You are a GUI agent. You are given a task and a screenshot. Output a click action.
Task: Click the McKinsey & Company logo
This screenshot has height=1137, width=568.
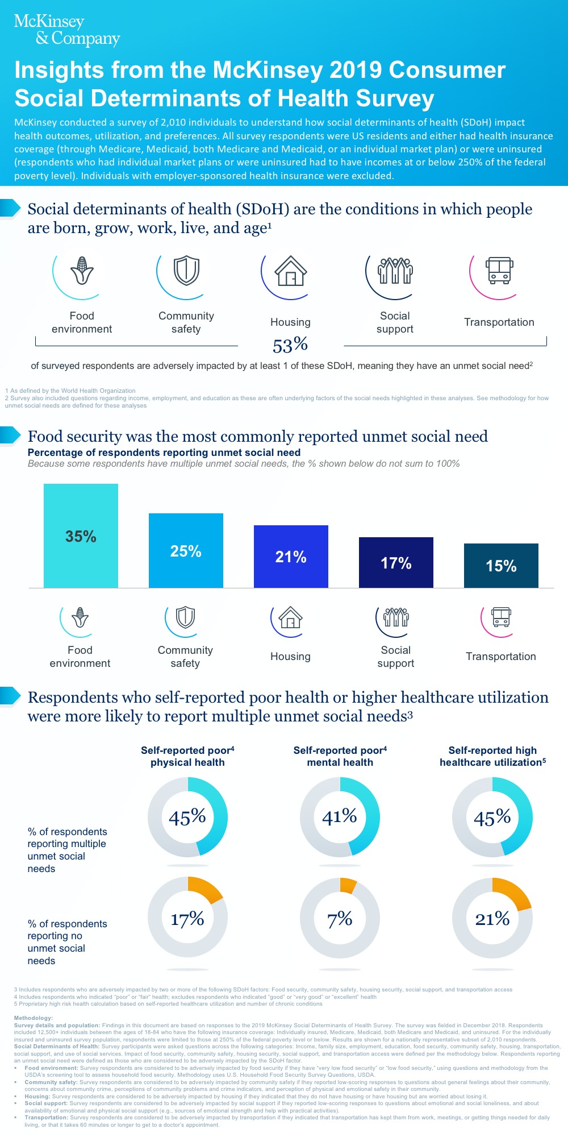(x=66, y=30)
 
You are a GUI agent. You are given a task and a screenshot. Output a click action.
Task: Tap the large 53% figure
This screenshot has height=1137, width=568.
(x=290, y=345)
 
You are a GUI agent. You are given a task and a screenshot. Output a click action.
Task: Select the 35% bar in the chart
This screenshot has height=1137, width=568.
(x=81, y=536)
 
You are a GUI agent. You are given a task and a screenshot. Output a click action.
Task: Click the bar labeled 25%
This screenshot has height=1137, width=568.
(x=186, y=550)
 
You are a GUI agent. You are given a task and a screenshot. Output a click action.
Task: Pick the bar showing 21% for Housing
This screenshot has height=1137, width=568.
(x=291, y=557)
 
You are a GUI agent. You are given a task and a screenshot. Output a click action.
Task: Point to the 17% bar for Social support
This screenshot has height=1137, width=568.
(x=396, y=563)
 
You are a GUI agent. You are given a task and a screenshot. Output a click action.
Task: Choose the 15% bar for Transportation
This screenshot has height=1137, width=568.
(x=501, y=566)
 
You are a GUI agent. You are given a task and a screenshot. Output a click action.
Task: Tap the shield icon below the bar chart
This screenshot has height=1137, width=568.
(x=185, y=617)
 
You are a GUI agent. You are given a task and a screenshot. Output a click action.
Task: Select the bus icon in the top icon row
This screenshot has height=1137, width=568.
(x=499, y=271)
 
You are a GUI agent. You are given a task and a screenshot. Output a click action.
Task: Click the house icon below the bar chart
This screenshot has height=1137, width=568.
(x=290, y=617)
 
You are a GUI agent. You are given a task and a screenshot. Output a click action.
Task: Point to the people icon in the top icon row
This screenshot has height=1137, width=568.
(x=395, y=271)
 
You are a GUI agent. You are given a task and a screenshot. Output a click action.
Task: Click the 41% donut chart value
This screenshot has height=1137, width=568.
(x=340, y=817)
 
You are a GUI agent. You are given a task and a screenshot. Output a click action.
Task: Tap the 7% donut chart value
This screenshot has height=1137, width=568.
(x=340, y=919)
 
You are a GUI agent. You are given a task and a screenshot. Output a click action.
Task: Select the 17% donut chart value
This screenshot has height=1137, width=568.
(x=187, y=919)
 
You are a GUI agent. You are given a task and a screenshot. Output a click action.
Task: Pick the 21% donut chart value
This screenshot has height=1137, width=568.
(x=492, y=919)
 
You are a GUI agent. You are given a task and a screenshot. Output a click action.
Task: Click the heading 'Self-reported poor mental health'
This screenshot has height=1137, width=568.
(x=340, y=756)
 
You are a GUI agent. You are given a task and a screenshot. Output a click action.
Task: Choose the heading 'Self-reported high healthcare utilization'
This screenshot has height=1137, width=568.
(x=492, y=756)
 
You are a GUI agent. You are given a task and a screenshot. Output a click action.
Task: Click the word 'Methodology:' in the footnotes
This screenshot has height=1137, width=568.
(x=34, y=1018)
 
